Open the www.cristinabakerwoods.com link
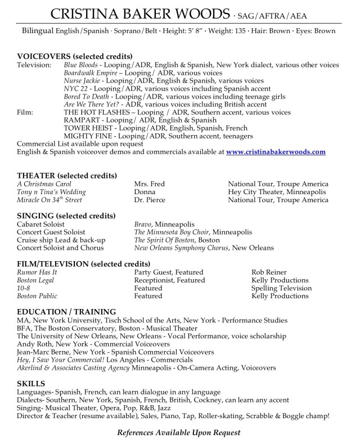[276, 151]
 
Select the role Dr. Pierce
[150, 200]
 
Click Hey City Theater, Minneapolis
[277, 192]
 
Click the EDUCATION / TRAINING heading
[67, 311]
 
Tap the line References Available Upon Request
[178, 432]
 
